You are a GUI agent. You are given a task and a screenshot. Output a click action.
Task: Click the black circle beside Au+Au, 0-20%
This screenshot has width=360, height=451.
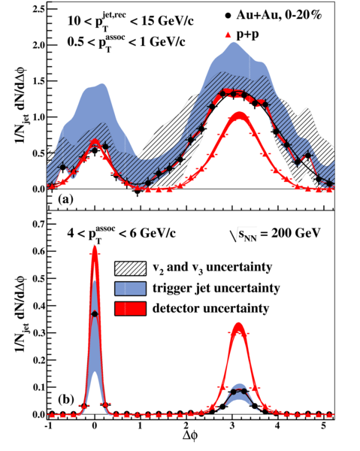pyautogui.click(x=228, y=16)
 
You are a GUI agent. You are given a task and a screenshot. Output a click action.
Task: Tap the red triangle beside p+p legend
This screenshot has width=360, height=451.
pyautogui.click(x=228, y=35)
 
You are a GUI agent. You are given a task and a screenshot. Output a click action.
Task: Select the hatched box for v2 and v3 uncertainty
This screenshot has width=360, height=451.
pyautogui.click(x=130, y=268)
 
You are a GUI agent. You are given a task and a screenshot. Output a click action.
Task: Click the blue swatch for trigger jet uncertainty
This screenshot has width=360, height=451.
pyautogui.click(x=130, y=289)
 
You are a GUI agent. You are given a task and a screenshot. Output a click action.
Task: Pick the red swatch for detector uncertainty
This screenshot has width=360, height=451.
pyautogui.click(x=130, y=309)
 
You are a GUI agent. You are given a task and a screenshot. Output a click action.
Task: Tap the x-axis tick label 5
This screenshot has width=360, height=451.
pyautogui.click(x=324, y=425)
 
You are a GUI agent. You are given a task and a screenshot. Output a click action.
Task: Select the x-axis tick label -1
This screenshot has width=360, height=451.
pyautogui.click(x=48, y=425)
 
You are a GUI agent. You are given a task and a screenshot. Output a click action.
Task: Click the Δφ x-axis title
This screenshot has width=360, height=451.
pyautogui.click(x=190, y=437)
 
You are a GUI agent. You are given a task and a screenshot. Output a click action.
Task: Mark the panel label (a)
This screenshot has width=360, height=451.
pyautogui.click(x=65, y=199)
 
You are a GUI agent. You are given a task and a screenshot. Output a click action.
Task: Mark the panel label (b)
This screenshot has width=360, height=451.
pyautogui.click(x=66, y=400)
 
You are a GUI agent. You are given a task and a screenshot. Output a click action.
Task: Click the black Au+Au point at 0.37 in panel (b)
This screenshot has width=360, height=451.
pyautogui.click(x=95, y=313)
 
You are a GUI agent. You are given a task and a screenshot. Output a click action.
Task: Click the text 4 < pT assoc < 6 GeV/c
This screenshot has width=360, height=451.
pyautogui.click(x=121, y=233)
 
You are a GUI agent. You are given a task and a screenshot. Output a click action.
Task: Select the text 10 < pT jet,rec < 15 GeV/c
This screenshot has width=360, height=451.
pyautogui.click(x=130, y=20)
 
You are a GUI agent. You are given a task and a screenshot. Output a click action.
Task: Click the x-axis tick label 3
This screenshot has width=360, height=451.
pyautogui.click(x=232, y=425)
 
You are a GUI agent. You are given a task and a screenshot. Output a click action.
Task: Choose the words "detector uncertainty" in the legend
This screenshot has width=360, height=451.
pyautogui.click(x=210, y=309)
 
